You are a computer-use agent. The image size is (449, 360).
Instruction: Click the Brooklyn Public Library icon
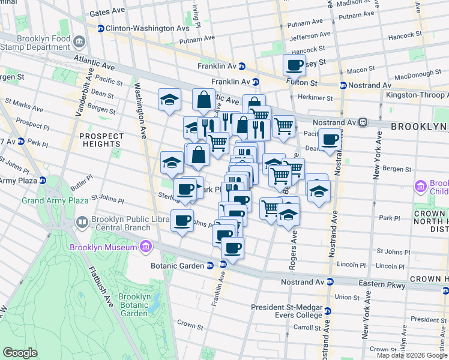click(82, 223)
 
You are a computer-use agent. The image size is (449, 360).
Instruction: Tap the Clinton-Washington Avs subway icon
click(101, 28)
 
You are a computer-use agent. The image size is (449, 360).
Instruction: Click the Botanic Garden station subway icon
click(210, 265)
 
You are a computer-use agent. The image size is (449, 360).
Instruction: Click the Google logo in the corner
click(20, 353)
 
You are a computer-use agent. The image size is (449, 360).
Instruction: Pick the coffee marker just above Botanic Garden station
click(232, 248)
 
